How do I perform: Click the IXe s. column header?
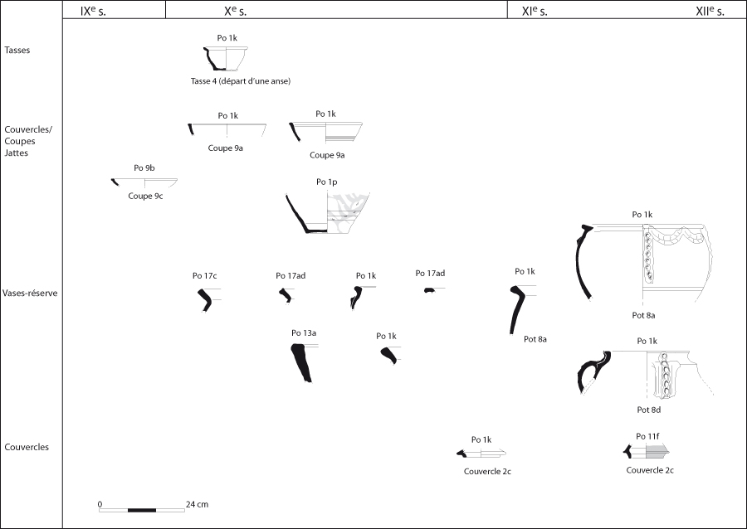tap(93, 12)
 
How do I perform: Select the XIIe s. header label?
tap(710, 12)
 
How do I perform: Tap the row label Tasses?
tap(17, 50)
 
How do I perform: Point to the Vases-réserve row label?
tap(30, 293)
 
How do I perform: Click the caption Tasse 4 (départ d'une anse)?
tap(241, 81)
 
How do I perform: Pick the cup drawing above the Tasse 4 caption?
tap(226, 59)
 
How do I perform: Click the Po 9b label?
tap(144, 168)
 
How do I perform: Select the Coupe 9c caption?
tap(145, 196)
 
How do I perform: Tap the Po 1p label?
tap(327, 182)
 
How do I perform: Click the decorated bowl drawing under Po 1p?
tap(327, 213)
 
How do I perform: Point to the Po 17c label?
tap(205, 275)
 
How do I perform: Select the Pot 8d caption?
tap(649, 410)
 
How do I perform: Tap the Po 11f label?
tap(647, 436)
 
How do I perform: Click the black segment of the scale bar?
tap(142, 511)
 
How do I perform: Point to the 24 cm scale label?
tap(198, 504)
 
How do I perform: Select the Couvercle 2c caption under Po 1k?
tap(487, 472)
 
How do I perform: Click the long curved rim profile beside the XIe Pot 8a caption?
tap(516, 309)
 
